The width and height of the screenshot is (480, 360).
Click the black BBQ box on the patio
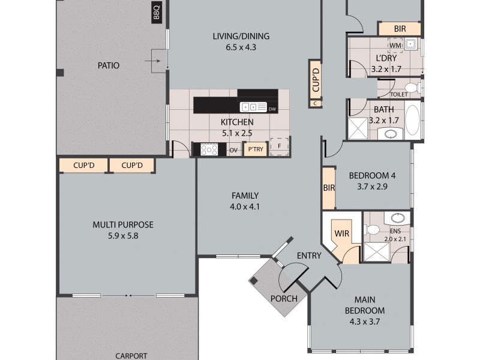tap(156, 11)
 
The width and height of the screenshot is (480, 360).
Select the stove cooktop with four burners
tap(209, 149)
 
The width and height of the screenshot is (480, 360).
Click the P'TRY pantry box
tap(256, 149)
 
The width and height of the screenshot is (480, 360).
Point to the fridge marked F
tap(279, 146)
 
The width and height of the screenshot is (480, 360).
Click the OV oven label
tap(233, 151)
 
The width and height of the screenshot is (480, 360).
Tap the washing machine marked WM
tap(395, 46)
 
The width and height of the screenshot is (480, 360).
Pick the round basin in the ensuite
tap(398, 218)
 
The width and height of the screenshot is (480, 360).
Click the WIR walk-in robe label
tap(341, 233)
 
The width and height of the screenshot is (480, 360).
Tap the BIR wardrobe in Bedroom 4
tap(329, 188)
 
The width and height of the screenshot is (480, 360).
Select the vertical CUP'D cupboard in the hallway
tap(316, 80)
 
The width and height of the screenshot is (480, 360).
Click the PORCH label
tap(284, 298)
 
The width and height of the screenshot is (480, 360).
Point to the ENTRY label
tap(309, 256)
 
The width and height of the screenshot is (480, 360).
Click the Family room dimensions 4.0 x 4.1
tap(245, 207)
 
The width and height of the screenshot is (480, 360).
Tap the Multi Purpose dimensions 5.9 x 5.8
tap(123, 236)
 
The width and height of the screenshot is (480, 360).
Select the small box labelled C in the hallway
tap(316, 104)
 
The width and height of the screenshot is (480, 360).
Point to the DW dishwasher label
tap(272, 109)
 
